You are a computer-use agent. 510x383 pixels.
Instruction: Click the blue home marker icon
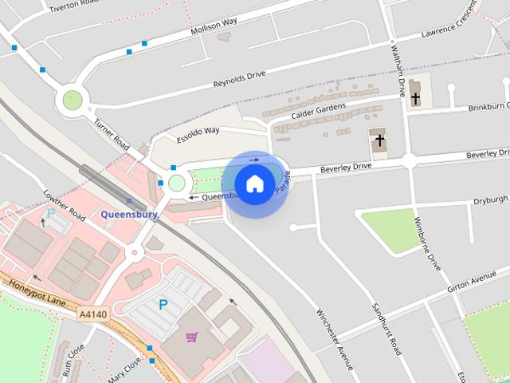coord(255,184)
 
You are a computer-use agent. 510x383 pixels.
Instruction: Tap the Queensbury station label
coord(129,214)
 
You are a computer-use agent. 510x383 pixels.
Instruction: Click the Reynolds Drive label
coord(239,80)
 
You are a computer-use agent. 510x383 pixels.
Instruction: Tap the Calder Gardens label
coord(318,112)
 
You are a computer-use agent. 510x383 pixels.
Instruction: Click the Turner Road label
coord(112,133)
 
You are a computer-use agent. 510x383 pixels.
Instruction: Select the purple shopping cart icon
coord(191,338)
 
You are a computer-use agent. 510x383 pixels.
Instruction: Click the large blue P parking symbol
coord(163,304)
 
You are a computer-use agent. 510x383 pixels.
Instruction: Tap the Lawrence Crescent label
coord(450,29)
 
